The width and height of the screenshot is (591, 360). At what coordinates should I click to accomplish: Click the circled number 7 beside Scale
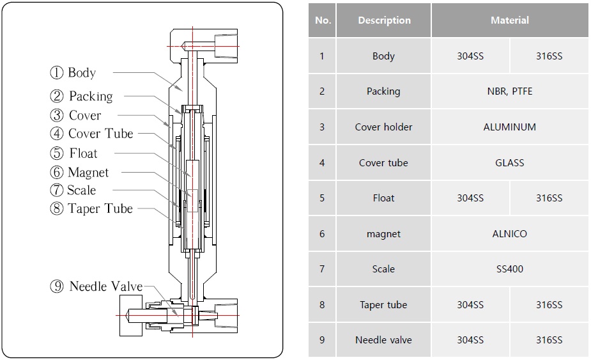point(57,191)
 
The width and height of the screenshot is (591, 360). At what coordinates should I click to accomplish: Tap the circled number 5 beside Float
point(58,153)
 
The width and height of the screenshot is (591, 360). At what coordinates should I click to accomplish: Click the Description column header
point(384,20)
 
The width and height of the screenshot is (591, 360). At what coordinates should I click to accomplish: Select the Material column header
point(510,20)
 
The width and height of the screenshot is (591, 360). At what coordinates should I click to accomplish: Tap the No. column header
point(323,20)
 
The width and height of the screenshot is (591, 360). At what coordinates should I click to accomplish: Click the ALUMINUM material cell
point(510,127)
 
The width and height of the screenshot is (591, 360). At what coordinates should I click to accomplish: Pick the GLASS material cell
point(510,163)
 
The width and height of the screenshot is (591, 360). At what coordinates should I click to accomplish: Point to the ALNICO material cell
point(510,234)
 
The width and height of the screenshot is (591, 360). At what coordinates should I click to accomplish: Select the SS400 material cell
point(510,269)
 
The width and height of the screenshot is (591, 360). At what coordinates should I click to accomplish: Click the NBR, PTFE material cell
point(510,91)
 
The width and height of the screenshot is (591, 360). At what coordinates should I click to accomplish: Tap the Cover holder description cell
point(384,127)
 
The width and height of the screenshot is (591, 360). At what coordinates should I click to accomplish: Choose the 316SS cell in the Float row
point(549,198)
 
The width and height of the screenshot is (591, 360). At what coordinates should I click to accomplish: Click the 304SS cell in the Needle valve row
point(470,340)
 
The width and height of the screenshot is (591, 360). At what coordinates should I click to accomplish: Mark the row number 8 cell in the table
point(322,305)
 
